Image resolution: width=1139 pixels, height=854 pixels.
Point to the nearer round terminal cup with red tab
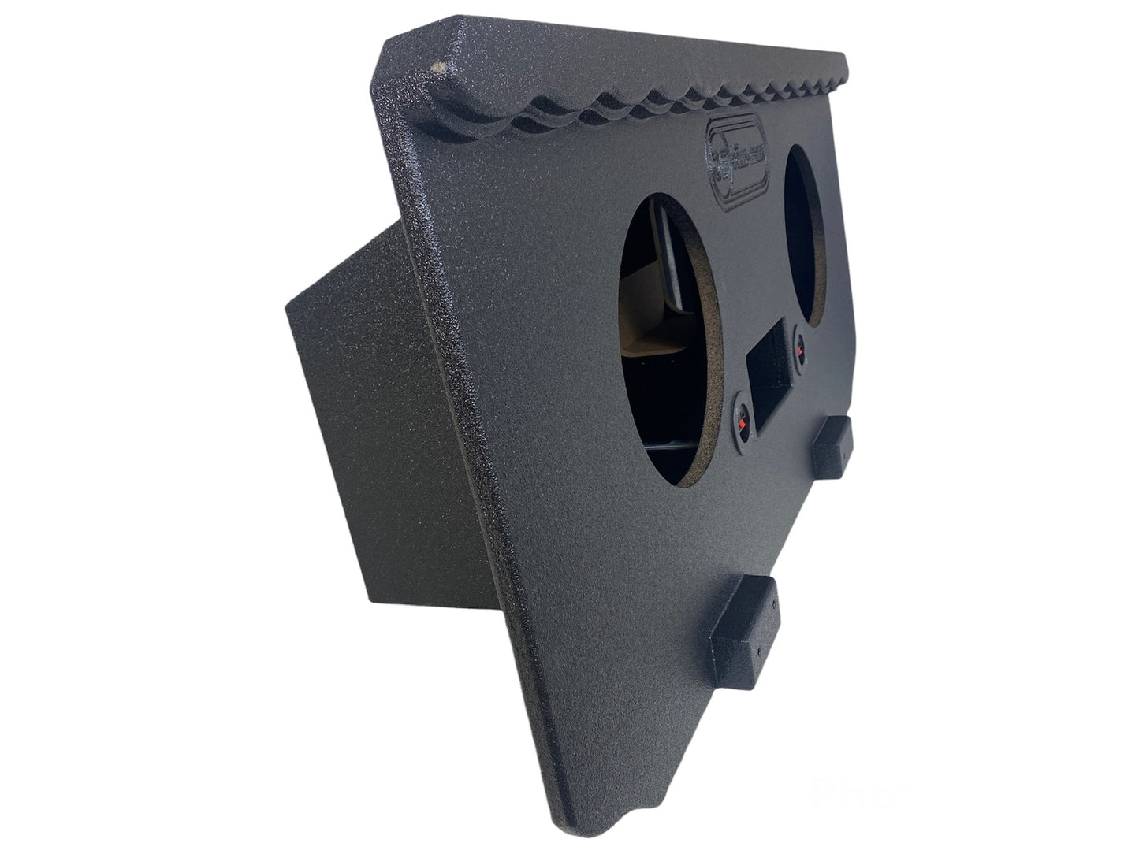tap(742, 423)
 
